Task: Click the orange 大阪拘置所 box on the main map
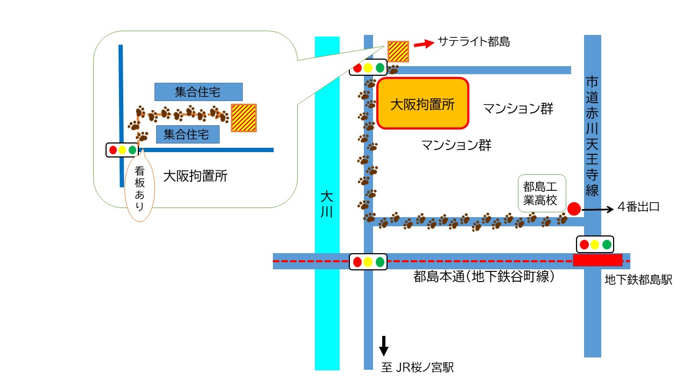pyautogui.click(x=423, y=103)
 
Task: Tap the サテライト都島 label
pyautogui.click(x=474, y=41)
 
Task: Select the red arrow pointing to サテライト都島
pyautogui.click(x=424, y=44)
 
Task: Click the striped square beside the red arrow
pyautogui.click(x=398, y=52)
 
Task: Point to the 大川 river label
pyautogui.click(x=327, y=204)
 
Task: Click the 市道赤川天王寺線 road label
pyautogui.click(x=592, y=137)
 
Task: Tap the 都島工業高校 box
pyautogui.click(x=542, y=193)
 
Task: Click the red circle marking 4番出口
pyautogui.click(x=574, y=209)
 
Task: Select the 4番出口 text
pyautogui.click(x=638, y=207)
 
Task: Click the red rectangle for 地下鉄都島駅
pyautogui.click(x=597, y=260)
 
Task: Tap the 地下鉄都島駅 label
pyautogui.click(x=638, y=280)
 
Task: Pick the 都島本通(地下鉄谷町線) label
pyautogui.click(x=484, y=276)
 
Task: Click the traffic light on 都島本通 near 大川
pyautogui.click(x=368, y=262)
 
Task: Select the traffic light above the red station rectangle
pyautogui.click(x=595, y=245)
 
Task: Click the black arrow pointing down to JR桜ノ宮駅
pyautogui.click(x=384, y=346)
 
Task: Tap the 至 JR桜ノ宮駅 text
pyautogui.click(x=417, y=367)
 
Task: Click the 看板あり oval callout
pyautogui.click(x=139, y=188)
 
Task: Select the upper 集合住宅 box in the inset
pyautogui.click(x=199, y=92)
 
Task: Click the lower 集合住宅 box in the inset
pyautogui.click(x=188, y=134)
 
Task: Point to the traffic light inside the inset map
pyautogui.click(x=122, y=150)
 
